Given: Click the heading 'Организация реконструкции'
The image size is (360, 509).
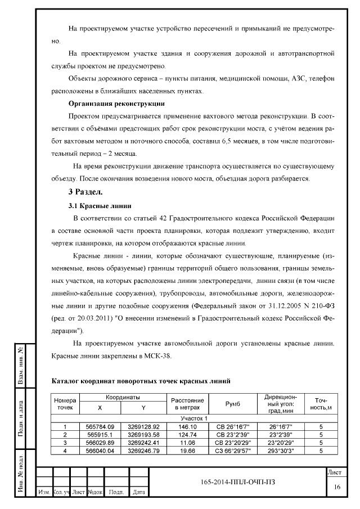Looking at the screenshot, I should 116,103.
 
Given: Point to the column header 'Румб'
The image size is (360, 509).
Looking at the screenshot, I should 232,403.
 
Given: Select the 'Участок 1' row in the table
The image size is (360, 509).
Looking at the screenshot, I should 193,418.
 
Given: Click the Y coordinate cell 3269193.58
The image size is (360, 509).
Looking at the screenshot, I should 143,435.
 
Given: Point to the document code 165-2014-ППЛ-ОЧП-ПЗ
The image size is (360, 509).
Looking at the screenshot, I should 238,482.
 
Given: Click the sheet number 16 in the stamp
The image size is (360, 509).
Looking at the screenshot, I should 336,487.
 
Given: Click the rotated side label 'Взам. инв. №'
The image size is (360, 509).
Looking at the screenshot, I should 20,367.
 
